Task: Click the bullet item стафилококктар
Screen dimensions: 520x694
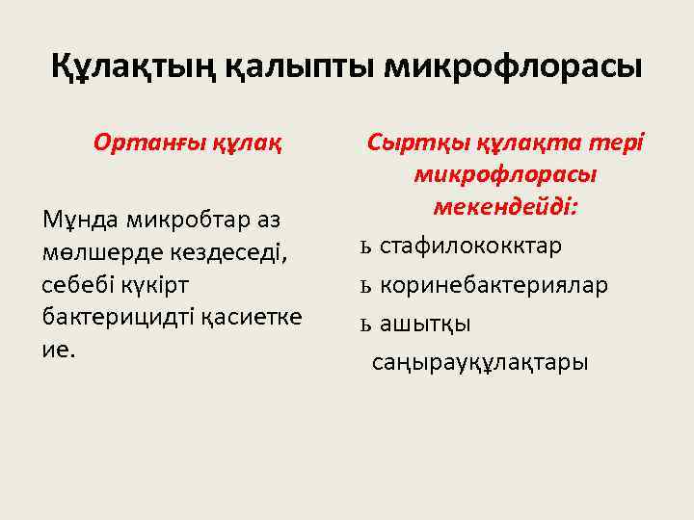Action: (x=470, y=247)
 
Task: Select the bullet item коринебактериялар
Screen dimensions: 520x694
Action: (x=494, y=286)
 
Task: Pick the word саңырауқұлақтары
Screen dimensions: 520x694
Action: (x=479, y=363)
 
